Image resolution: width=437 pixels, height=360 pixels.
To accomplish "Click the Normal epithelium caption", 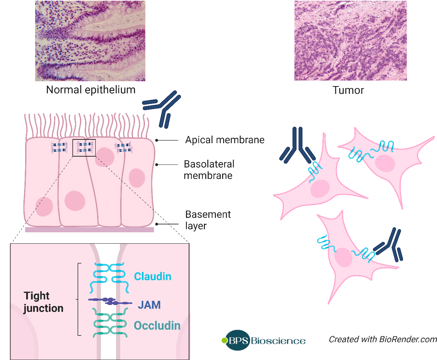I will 91,90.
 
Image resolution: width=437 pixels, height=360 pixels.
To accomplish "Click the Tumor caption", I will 348,90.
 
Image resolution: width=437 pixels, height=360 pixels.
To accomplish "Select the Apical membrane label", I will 225,140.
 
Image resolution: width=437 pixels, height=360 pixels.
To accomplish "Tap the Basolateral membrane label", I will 209,170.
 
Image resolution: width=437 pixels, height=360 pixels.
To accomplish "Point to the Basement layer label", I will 208,220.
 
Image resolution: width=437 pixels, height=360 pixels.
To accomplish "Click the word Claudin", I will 153,276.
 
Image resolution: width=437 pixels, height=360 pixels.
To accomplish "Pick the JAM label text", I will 149,305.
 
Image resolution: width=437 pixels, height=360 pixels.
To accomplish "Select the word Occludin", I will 157,326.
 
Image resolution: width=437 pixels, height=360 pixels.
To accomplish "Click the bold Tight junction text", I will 43,302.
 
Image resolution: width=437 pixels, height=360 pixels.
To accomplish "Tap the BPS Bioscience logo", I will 264,340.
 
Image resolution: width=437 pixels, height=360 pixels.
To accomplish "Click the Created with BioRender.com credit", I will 383,339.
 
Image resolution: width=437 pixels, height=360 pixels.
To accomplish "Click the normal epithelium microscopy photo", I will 90,41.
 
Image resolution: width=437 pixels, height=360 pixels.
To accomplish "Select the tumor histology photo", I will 350,41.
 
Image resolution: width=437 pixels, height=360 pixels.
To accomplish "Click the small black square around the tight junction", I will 84,148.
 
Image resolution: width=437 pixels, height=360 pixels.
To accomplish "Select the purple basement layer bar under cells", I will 90,230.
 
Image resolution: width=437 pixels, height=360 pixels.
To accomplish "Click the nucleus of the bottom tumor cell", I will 343,257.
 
